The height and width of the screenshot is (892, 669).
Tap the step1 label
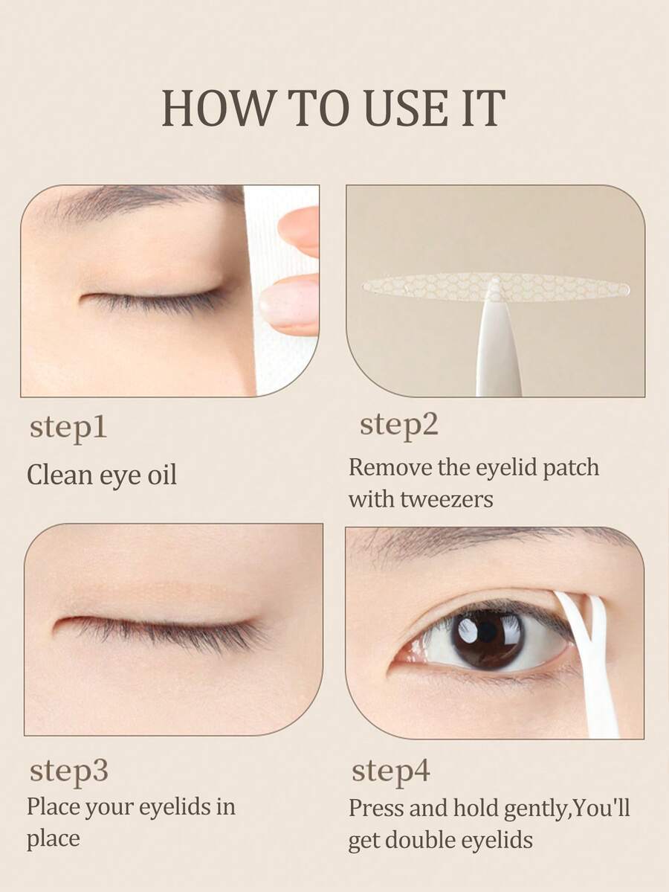(68, 429)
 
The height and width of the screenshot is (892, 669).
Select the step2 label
(399, 425)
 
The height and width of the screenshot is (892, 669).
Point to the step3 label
(69, 771)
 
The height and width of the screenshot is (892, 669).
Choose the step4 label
(391, 771)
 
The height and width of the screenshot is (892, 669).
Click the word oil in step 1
(161, 475)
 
